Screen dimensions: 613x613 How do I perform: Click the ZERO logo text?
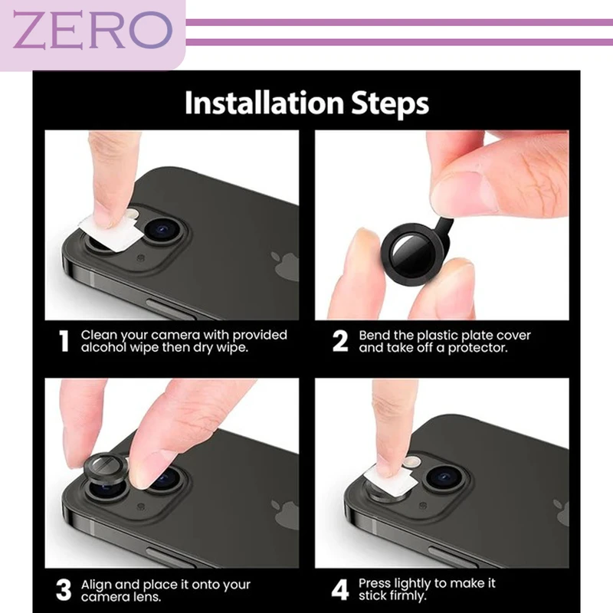tap(92, 30)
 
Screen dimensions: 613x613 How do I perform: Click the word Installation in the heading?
tap(264, 103)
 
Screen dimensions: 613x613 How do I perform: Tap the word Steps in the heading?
tap(390, 104)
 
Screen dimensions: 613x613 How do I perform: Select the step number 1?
tap(64, 341)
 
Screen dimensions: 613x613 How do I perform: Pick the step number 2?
tap(339, 341)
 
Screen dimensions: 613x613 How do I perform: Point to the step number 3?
tap(64, 589)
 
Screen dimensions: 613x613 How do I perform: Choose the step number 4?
tap(339, 590)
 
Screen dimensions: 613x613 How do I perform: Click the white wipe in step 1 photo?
tap(110, 233)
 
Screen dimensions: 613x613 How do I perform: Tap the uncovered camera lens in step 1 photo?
tap(163, 231)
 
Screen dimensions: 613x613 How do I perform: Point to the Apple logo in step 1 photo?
tap(285, 266)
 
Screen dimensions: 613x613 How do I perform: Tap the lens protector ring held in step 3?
tap(106, 468)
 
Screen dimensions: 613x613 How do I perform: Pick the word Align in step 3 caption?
tap(97, 585)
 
